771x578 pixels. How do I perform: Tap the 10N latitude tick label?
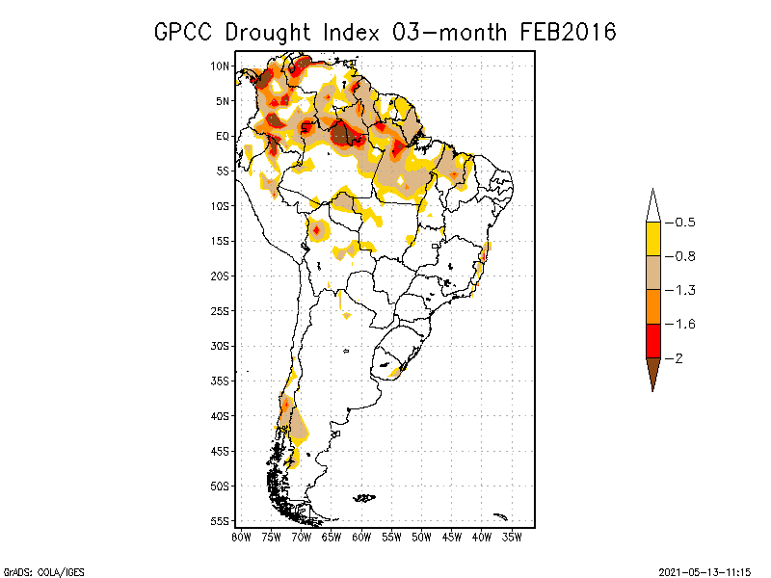click(x=221, y=66)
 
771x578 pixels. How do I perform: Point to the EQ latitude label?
click(x=222, y=136)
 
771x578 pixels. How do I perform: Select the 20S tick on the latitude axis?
click(x=221, y=276)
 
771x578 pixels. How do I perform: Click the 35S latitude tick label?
click(x=221, y=381)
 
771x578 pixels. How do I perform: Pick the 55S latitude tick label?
click(x=221, y=520)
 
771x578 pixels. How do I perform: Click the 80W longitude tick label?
click(x=241, y=536)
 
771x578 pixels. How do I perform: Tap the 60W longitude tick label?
click(x=361, y=536)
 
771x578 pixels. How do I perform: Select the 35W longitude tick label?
click(x=512, y=536)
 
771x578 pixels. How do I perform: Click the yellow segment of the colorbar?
click(x=652, y=239)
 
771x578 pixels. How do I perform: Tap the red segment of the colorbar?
click(x=652, y=340)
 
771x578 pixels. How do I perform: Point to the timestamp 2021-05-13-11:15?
click(x=705, y=570)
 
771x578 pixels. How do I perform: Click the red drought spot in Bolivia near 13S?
click(x=316, y=229)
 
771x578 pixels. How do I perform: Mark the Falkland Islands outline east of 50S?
click(x=364, y=498)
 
